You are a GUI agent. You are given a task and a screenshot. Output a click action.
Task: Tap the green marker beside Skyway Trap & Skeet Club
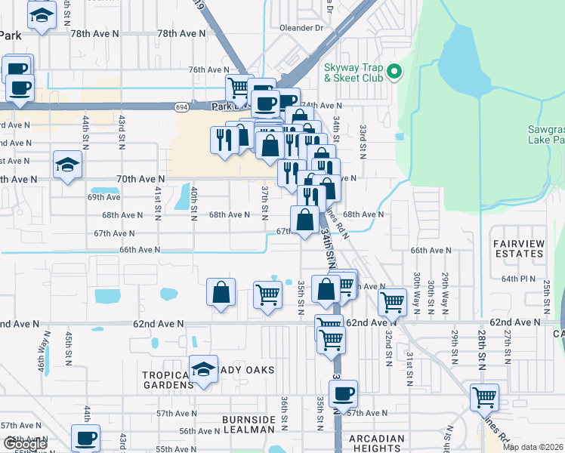click(394, 72)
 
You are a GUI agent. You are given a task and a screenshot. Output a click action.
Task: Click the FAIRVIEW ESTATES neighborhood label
click(518, 248)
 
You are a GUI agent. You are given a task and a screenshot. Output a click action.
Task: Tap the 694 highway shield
click(184, 108)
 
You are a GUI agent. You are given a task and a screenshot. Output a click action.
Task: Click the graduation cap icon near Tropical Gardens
click(203, 369)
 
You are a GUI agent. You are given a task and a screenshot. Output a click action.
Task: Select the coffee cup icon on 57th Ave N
click(343, 394)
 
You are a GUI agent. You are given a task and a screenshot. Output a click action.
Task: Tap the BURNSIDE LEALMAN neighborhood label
click(249, 424)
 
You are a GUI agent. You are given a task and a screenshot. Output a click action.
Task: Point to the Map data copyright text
click(533, 447)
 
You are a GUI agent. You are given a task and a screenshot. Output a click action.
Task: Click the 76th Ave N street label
click(208, 69)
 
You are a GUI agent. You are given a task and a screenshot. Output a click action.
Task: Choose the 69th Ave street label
click(103, 197)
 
